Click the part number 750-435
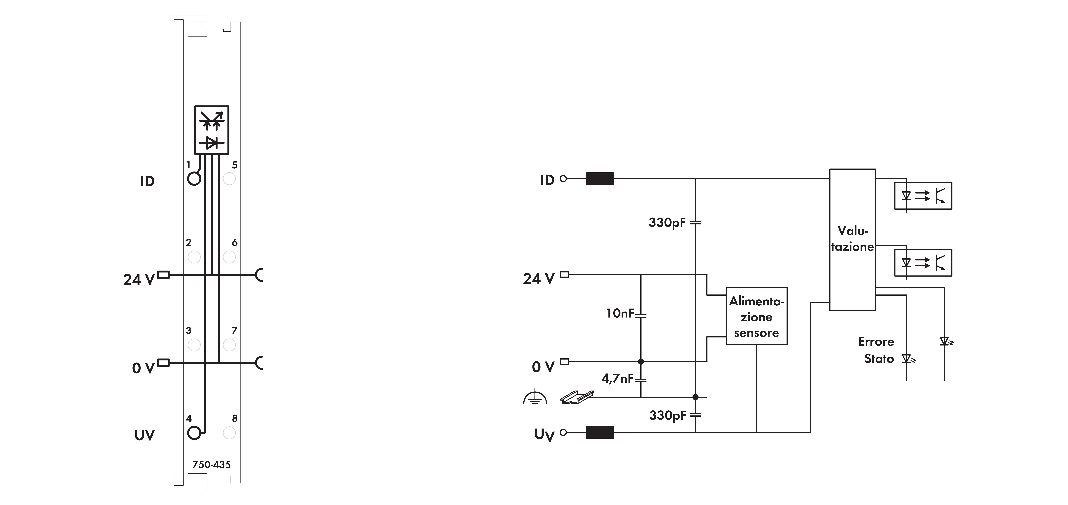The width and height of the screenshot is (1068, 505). coord(211,465)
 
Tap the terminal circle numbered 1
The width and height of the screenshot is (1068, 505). coord(194,179)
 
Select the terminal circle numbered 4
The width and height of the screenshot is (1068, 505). coord(194,433)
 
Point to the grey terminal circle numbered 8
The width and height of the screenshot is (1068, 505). coord(229,433)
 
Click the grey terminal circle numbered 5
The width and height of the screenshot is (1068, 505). coord(229,179)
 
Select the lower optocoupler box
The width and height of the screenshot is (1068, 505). coord(923,263)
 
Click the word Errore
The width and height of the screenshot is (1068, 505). coord(876,342)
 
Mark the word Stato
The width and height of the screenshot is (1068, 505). coord(879,359)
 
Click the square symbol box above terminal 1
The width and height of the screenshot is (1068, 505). coord(212,130)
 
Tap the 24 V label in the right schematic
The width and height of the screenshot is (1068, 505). coord(539,278)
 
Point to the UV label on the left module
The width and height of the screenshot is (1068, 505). coord(145,435)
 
